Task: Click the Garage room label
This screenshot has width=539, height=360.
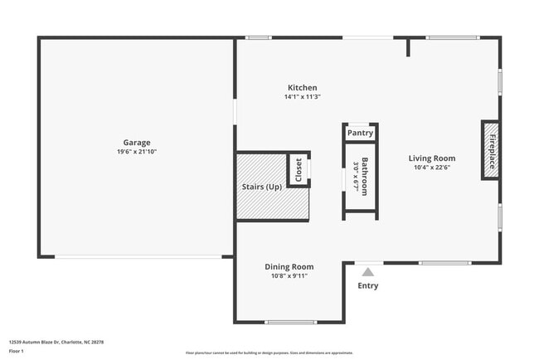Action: (x=137, y=143)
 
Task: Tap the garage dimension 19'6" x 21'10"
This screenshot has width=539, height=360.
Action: (x=137, y=153)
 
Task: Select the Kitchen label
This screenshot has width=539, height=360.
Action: (x=302, y=88)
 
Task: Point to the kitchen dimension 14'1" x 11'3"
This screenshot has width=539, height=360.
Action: (x=302, y=97)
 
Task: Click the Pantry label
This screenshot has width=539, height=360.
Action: (x=360, y=133)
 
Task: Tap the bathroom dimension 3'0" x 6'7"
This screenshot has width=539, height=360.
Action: (x=355, y=176)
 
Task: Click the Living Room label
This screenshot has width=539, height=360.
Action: (x=432, y=158)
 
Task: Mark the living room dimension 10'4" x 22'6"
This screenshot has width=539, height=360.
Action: (x=432, y=168)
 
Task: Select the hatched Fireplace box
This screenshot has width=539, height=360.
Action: (x=491, y=150)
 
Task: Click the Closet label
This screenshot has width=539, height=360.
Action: (x=299, y=170)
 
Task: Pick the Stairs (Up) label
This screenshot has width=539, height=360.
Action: (x=261, y=187)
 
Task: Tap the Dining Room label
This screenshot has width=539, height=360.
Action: (x=289, y=266)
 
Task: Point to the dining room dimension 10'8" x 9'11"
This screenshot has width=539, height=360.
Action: (x=289, y=276)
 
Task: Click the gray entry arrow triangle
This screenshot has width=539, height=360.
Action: (x=367, y=270)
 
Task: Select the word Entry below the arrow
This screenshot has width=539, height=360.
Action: (x=367, y=286)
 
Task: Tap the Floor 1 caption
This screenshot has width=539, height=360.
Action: (x=17, y=352)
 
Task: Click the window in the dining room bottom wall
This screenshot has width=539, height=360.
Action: (x=290, y=322)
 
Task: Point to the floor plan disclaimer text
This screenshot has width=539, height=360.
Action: (x=269, y=353)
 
